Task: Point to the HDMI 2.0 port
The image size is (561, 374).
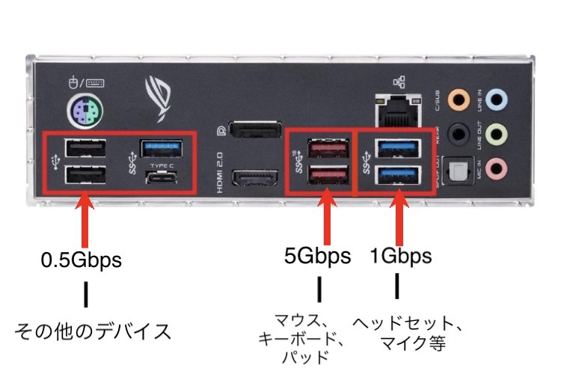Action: pyautogui.click(x=251, y=179)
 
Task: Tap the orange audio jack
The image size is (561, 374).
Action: pyautogui.click(x=456, y=99)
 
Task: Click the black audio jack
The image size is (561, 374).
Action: pyautogui.click(x=456, y=133)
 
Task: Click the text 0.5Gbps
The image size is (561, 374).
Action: pyautogui.click(x=82, y=261)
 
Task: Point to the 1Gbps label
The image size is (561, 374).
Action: pyautogui.click(x=401, y=257)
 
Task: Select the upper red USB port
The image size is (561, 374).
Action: pyautogui.click(x=330, y=147)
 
